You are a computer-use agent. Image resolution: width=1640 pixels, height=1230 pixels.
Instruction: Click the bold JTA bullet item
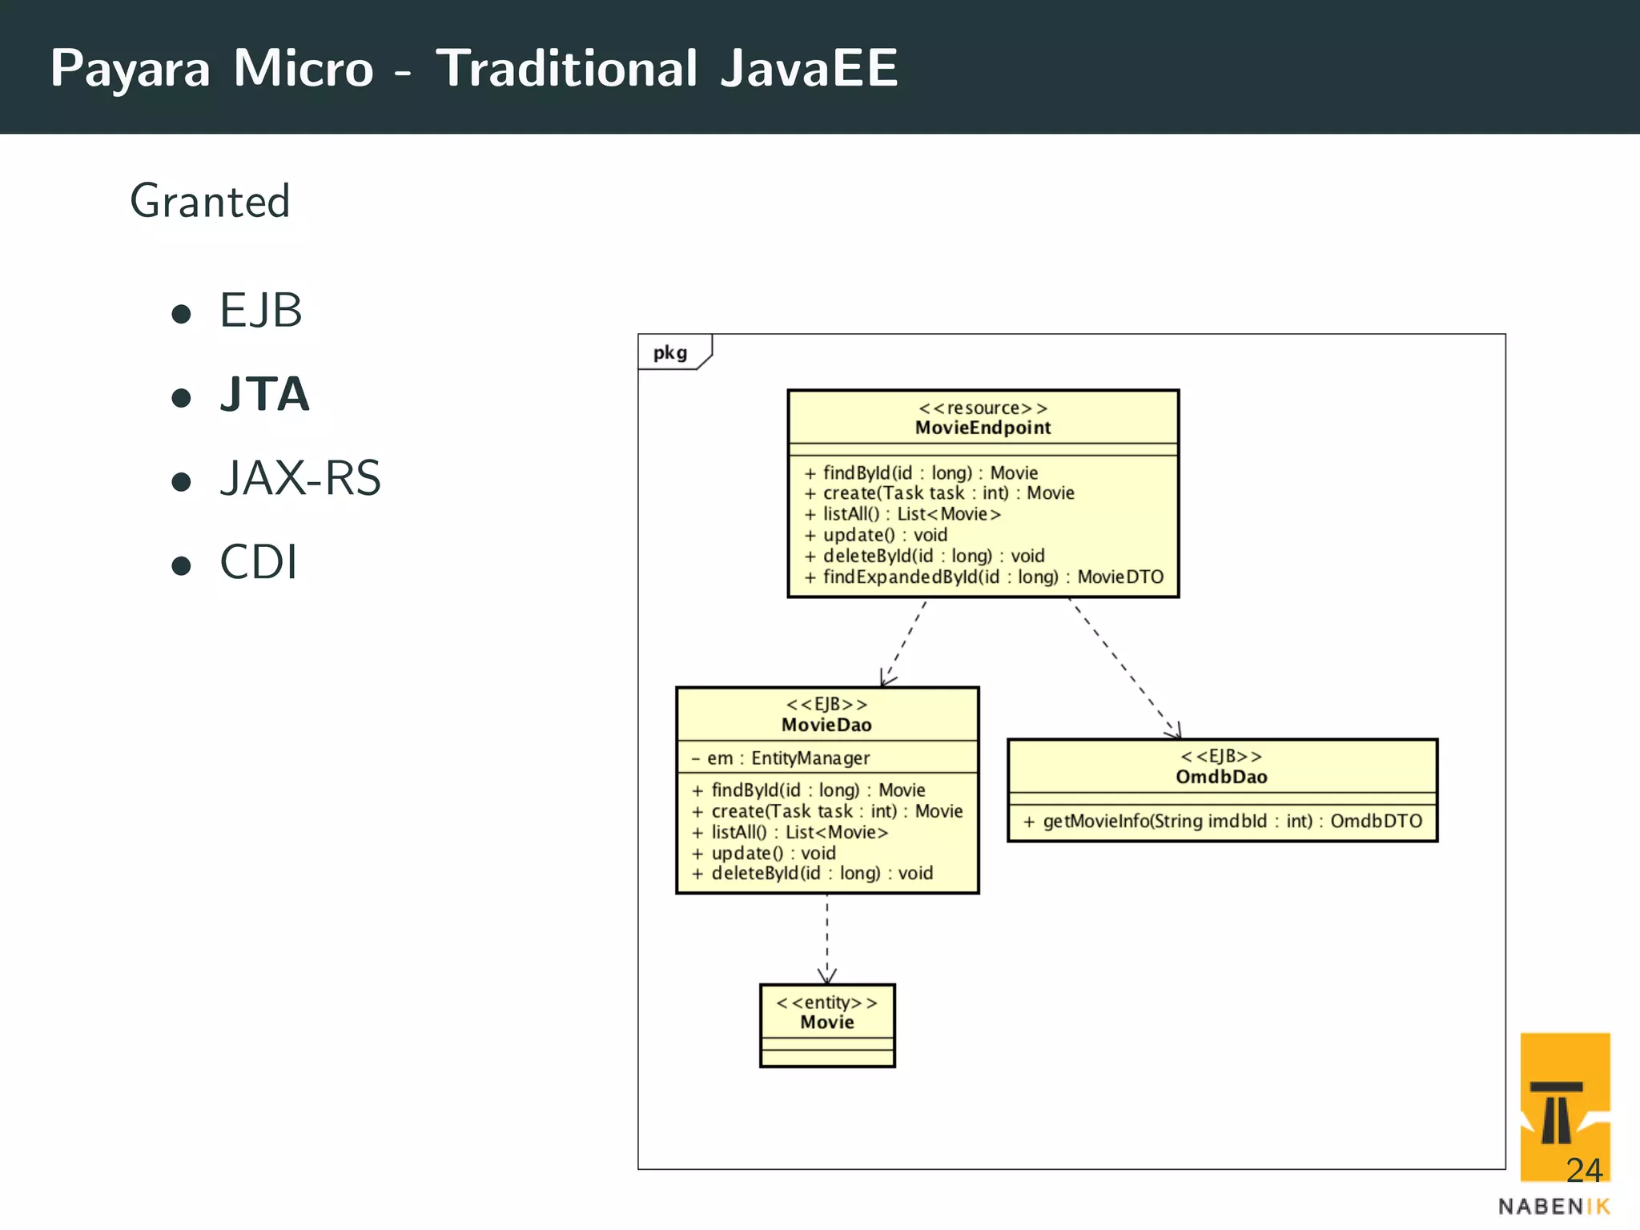[264, 394]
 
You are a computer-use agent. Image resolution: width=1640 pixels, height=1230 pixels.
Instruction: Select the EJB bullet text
[261, 311]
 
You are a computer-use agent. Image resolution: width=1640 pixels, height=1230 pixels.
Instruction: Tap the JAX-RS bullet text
[300, 478]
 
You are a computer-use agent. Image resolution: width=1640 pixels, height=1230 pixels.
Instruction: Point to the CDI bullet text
[259, 562]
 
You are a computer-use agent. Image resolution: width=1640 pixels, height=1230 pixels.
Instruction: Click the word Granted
[210, 201]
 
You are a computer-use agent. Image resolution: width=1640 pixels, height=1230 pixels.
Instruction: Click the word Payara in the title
[130, 69]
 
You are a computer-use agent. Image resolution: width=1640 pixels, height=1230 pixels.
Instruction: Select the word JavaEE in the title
[809, 69]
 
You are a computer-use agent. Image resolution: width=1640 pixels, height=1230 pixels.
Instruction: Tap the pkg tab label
[670, 353]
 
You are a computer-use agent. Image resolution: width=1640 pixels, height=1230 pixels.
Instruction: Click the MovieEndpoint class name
[983, 428]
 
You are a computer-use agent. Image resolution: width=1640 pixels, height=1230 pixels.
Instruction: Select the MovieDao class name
[826, 725]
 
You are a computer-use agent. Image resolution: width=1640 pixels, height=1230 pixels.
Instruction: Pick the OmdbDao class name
[1221, 777]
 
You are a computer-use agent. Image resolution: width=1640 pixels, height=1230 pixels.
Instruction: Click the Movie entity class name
[827, 1023]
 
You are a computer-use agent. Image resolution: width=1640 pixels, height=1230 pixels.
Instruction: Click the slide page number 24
[1583, 1171]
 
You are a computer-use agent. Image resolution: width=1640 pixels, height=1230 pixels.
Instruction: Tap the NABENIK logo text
[1554, 1207]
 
